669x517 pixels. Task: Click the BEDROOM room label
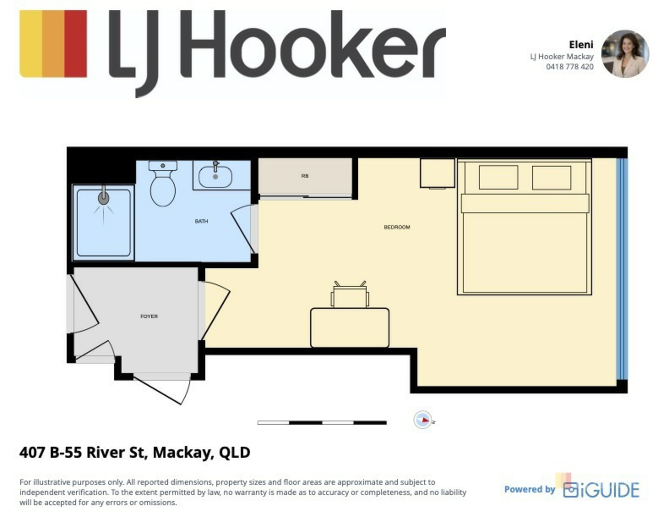(397, 227)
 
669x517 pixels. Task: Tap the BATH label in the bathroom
(201, 221)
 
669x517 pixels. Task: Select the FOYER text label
(149, 316)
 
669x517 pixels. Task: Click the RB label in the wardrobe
(305, 176)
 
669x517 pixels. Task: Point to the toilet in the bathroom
(163, 183)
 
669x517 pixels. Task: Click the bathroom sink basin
(215, 176)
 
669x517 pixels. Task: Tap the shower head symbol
(103, 198)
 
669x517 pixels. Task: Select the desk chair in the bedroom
(350, 295)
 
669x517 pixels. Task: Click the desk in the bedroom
(350, 328)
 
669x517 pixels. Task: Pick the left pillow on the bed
(498, 177)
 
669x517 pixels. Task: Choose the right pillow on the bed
(552, 178)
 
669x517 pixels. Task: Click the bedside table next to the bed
(437, 173)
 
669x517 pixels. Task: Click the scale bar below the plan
(322, 423)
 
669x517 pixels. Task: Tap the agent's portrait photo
(625, 54)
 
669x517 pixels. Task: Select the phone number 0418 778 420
(570, 67)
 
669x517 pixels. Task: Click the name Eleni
(581, 45)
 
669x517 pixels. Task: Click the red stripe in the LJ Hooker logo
(76, 44)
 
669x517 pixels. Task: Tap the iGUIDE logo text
(601, 490)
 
